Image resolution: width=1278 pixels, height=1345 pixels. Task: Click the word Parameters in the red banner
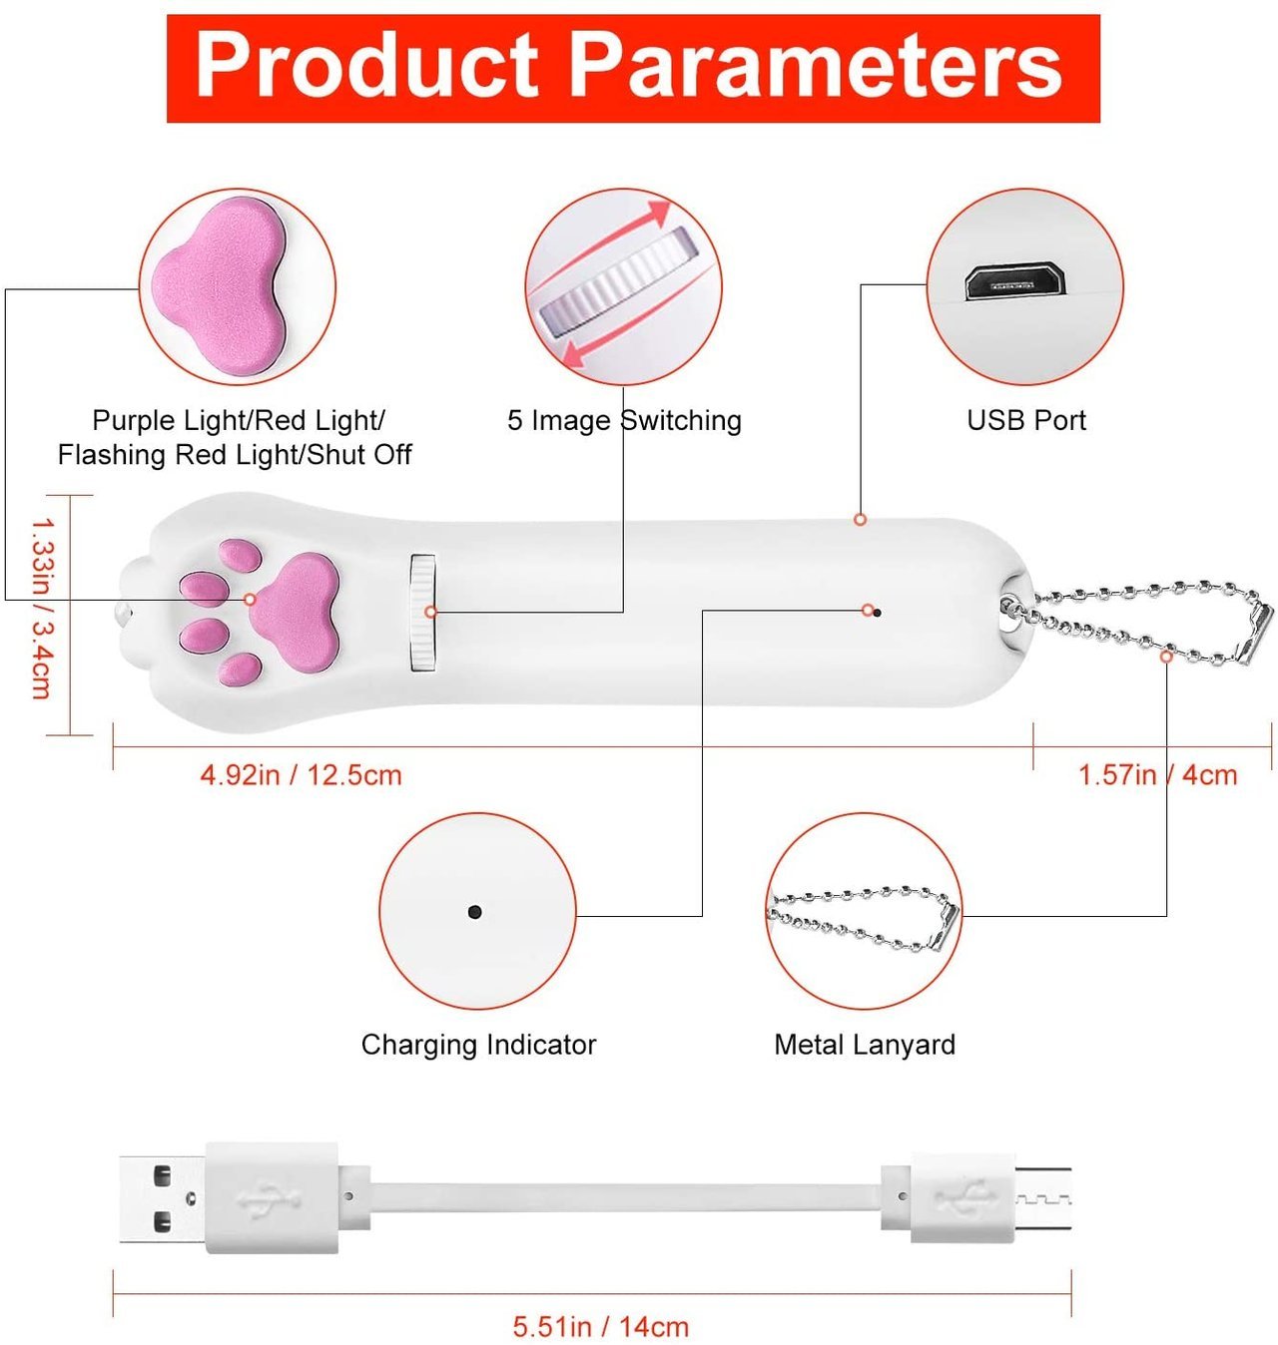815,67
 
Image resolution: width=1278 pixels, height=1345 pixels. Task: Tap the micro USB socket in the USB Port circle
1014,281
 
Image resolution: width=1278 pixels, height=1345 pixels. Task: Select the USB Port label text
1025,420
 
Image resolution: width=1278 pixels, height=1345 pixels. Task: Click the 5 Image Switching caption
624,421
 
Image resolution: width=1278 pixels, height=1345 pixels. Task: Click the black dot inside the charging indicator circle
474,911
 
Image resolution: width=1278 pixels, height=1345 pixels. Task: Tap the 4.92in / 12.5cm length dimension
301,775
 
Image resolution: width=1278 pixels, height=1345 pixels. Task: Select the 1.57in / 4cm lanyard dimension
1157,775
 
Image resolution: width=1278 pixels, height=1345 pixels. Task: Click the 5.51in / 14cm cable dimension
601,1327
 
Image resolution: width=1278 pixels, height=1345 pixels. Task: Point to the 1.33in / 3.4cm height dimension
43,608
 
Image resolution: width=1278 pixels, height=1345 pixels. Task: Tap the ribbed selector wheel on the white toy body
422,613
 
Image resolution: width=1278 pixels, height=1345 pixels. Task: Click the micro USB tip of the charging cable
1041,1198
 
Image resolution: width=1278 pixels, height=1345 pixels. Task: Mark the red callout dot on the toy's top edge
860,520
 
